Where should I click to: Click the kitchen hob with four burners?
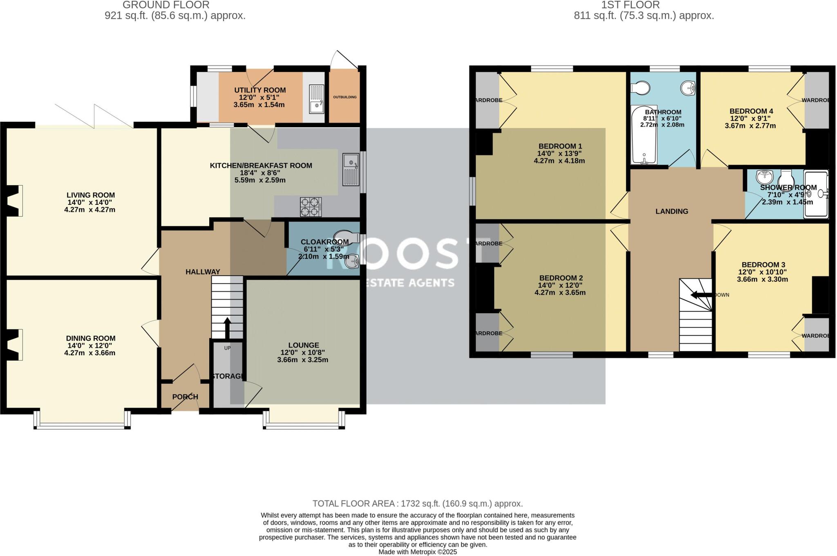click(x=311, y=207)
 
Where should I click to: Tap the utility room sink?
click(x=316, y=99)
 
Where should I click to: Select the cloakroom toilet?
click(x=343, y=236)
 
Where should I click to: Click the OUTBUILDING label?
click(x=345, y=97)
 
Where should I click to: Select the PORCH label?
click(x=185, y=397)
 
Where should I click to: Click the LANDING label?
click(x=672, y=211)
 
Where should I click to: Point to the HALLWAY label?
click(x=203, y=272)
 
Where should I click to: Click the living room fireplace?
click(x=13, y=200)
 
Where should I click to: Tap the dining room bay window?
click(x=82, y=425)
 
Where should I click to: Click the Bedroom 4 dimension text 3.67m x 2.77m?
click(x=750, y=126)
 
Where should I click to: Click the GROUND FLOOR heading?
click(x=166, y=5)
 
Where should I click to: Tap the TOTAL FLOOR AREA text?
click(x=417, y=504)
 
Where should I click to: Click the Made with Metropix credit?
click(x=417, y=552)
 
